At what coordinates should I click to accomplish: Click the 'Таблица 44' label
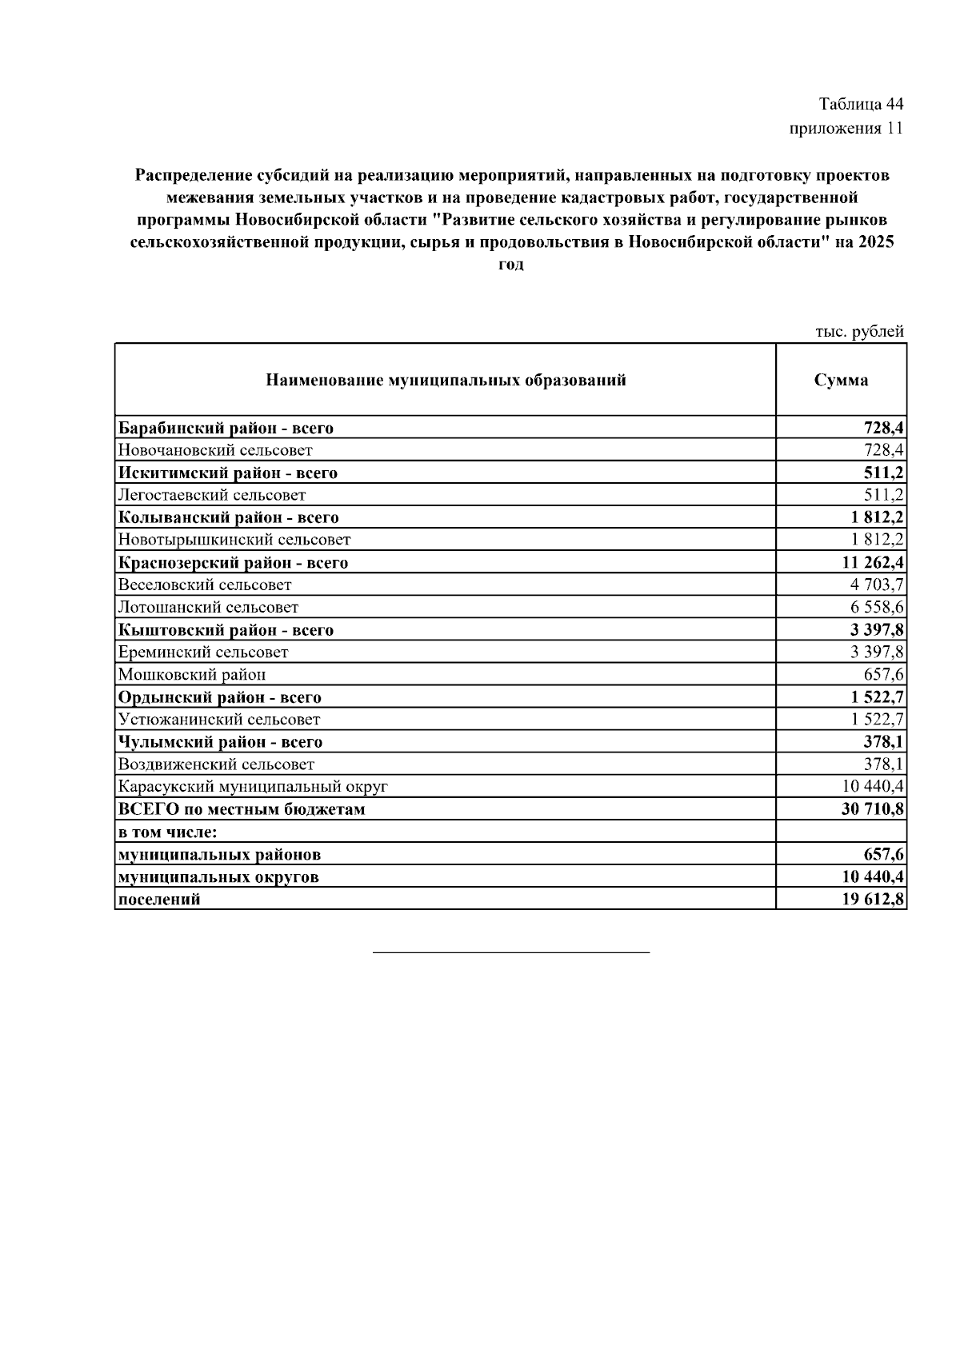coord(861,105)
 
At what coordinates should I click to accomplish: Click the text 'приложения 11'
coord(846,128)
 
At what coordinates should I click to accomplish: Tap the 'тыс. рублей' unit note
coord(859,331)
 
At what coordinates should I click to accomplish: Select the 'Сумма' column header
coord(841,381)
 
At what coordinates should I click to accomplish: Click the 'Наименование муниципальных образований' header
coord(446,381)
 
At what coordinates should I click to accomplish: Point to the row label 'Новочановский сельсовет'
coord(215,450)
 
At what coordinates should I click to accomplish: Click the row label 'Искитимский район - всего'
coord(228,473)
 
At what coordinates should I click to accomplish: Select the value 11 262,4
coord(873,562)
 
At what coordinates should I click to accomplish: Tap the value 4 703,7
coord(878,585)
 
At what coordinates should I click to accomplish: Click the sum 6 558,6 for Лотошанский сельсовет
coord(878,607)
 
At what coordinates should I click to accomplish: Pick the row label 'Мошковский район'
coord(192,674)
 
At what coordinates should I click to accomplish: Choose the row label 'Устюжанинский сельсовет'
coord(219,719)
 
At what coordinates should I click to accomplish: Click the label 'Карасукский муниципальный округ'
coord(253,786)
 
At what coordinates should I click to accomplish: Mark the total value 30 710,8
coord(873,809)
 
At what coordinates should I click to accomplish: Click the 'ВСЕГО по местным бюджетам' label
coord(242,809)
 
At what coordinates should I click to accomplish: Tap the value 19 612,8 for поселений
coord(873,899)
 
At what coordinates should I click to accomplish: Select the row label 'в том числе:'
coord(168,832)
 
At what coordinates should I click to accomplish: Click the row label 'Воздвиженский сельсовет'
coord(216,764)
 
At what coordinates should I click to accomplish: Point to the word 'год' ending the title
coord(511,265)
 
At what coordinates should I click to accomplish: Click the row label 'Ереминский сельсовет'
coord(203,652)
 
